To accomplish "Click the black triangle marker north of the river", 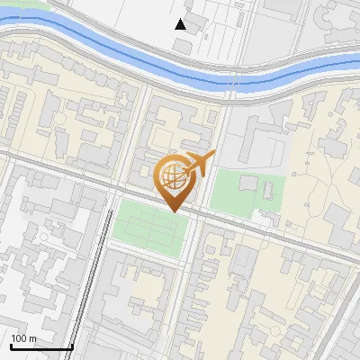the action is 181,24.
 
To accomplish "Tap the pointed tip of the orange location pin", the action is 171,211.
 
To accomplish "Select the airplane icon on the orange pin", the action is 201,164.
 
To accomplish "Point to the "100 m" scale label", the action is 23,338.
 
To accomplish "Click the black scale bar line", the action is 40,346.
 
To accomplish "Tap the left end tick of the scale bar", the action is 10,345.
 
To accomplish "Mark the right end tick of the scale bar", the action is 72,345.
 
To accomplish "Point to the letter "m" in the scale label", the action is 31,338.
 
